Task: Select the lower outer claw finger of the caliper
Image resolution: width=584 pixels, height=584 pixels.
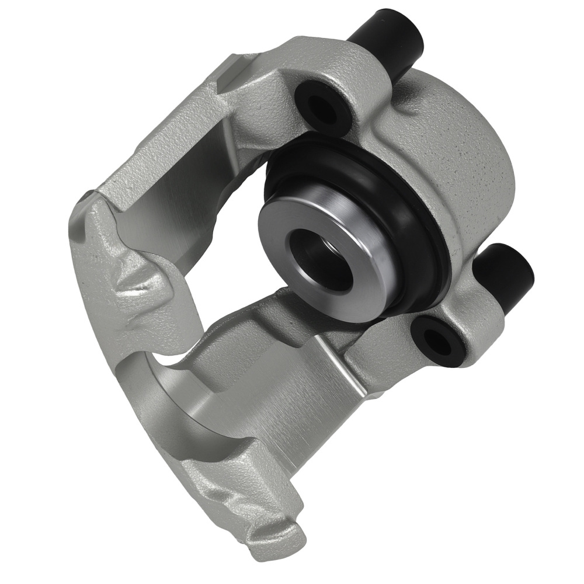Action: click(234, 496)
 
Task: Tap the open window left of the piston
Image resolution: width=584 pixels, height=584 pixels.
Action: click(234, 234)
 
